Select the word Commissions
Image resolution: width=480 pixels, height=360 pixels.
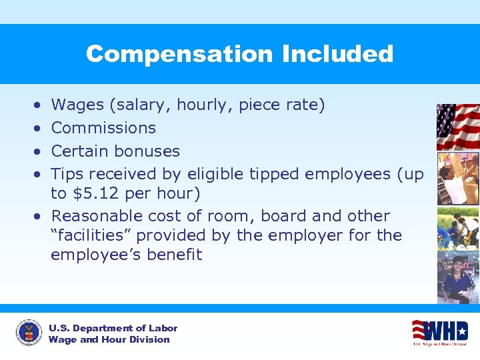click(103, 128)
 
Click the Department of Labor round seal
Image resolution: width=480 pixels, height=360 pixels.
click(29, 332)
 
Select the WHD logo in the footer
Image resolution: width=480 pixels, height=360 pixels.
click(439, 332)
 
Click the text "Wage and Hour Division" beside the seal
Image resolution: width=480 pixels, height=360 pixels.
click(109, 339)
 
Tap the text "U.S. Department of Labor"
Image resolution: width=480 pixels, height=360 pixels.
click(113, 328)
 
